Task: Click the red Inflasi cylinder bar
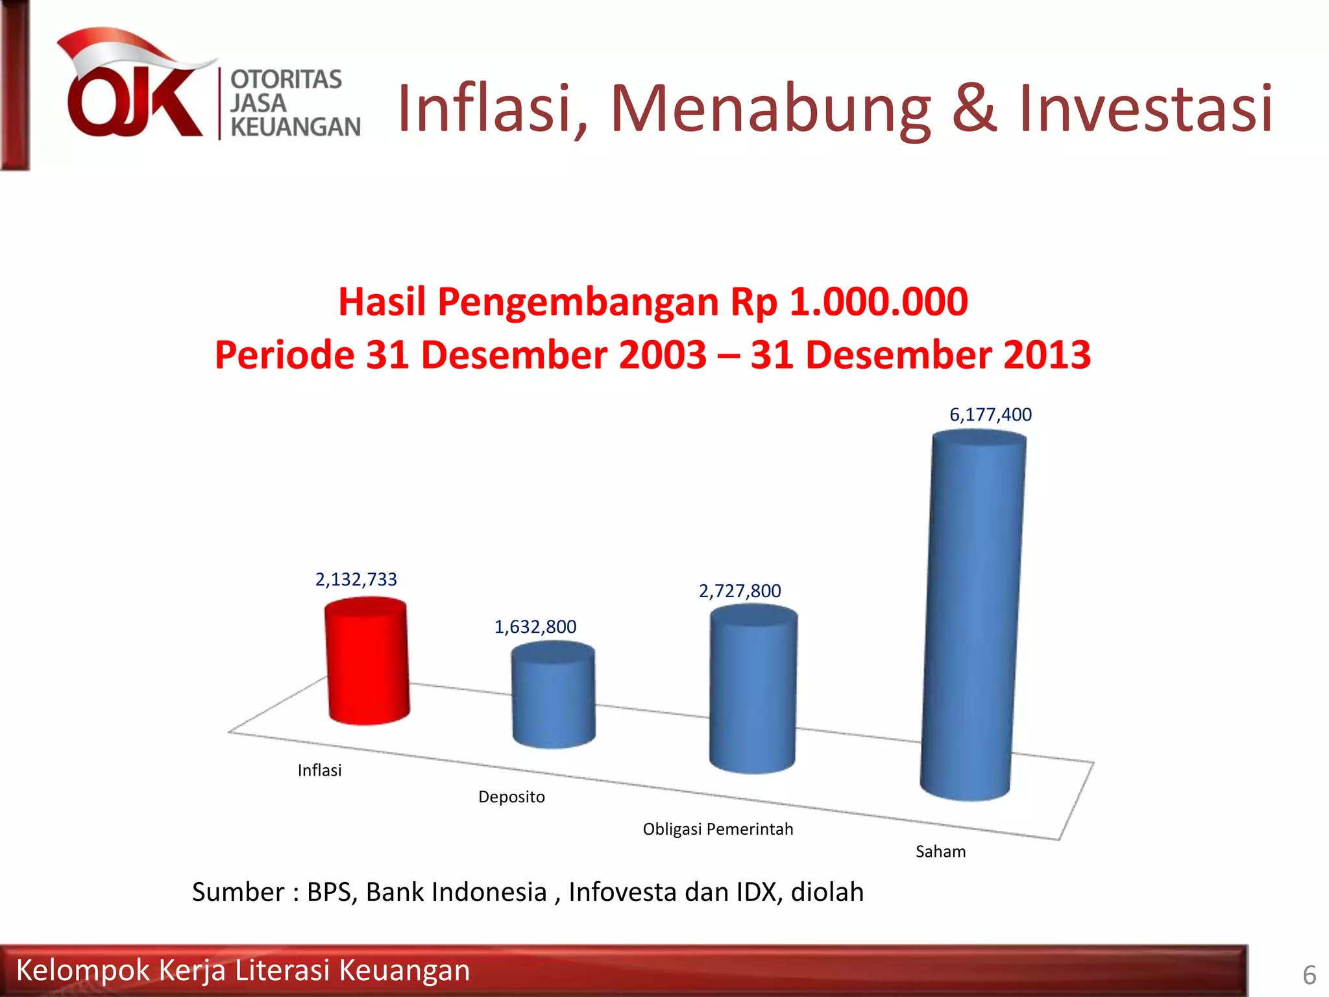(368, 662)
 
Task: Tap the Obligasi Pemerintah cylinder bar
(753, 689)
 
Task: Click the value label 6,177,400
(990, 415)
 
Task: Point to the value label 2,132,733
(356, 580)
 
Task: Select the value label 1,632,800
(535, 627)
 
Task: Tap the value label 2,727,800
(740, 591)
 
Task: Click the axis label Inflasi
(319, 770)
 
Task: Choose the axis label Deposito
(511, 797)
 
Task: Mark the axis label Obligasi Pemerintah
(718, 830)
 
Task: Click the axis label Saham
(940, 852)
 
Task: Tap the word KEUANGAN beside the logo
(295, 127)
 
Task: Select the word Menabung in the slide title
(770, 108)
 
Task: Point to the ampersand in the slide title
(973, 108)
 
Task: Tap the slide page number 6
(1309, 976)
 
